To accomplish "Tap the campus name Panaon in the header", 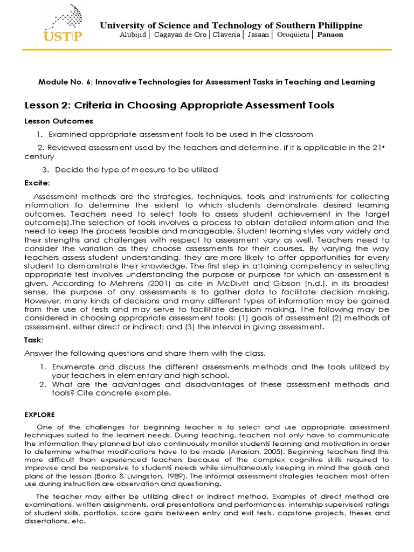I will pyautogui.click(x=330, y=35).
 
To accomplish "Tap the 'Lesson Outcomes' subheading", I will pyautogui.click(x=59, y=121).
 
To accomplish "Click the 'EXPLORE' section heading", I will pyautogui.click(x=39, y=415).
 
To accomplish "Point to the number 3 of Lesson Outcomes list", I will pyautogui.click(x=45, y=170).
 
